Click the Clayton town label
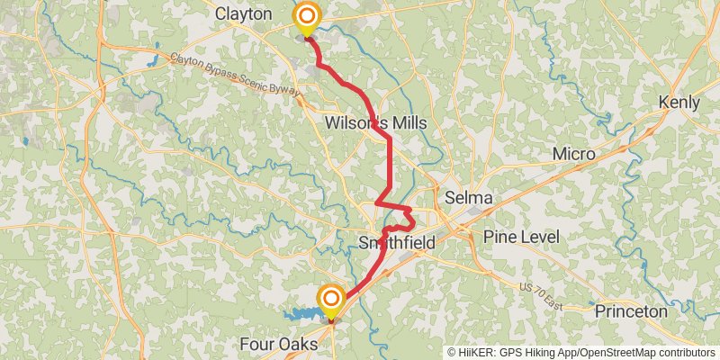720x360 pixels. click(244, 13)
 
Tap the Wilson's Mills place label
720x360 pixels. click(375, 122)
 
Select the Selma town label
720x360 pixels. click(468, 197)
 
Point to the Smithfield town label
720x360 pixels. click(397, 243)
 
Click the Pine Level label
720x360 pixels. click(521, 237)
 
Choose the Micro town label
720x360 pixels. click(573, 155)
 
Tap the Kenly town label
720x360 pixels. click(679, 103)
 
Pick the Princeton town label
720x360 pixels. click(630, 311)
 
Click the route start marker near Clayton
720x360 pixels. click(307, 17)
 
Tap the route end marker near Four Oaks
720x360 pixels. click(331, 299)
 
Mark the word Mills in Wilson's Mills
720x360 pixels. click(406, 122)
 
